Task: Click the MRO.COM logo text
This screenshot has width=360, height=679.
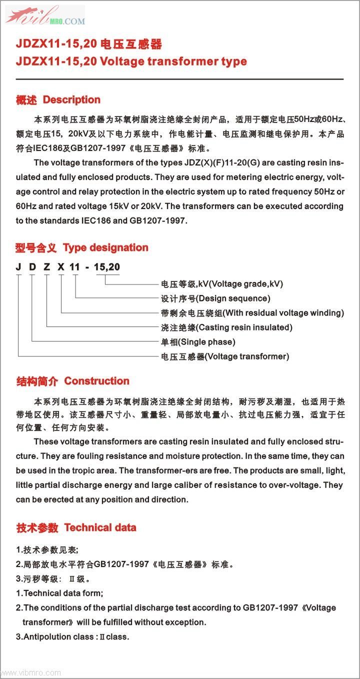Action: coord(67,21)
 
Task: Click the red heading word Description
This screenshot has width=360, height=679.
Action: coord(71,100)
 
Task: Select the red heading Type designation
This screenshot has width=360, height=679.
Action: coord(105,247)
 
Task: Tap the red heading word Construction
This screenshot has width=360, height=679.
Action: coord(96,381)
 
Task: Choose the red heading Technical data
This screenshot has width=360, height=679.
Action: coord(100,527)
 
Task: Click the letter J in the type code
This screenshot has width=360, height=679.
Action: coord(18,267)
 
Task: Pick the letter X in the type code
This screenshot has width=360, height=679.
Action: coord(61,267)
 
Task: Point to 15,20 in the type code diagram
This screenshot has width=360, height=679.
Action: coord(106,267)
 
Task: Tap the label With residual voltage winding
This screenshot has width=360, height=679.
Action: coord(283,313)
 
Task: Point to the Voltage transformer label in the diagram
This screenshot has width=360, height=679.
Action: coord(247,356)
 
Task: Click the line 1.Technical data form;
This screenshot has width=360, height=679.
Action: coord(59,593)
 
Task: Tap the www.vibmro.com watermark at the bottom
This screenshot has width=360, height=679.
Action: coord(31,673)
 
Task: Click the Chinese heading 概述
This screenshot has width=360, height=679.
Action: coord(26,100)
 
